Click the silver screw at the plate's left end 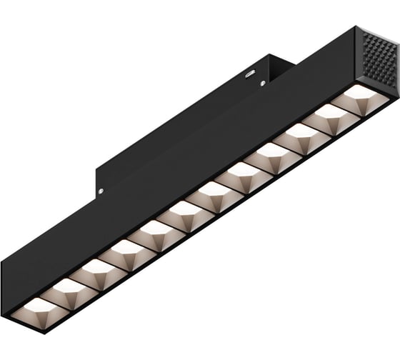point(101,191)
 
